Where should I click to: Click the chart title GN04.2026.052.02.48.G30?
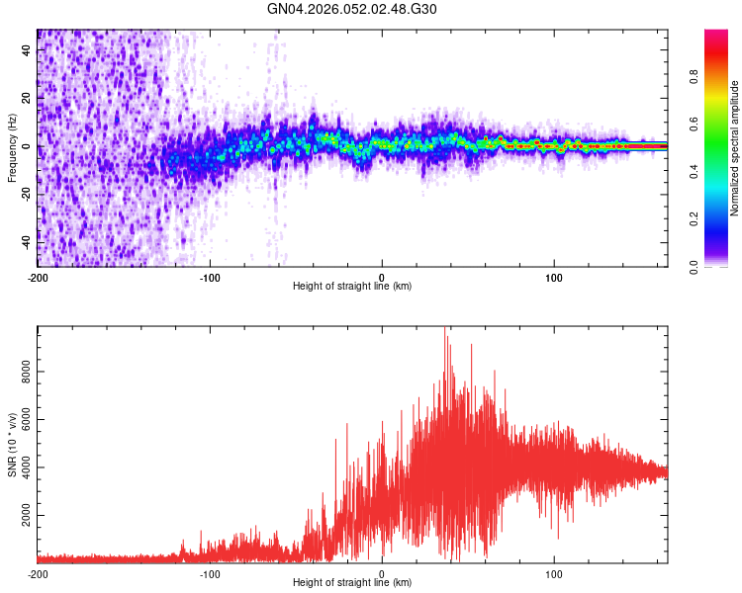coord(352,9)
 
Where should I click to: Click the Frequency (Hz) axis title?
coord(12,148)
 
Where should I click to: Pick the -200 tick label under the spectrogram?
coord(38,277)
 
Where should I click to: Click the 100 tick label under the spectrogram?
coord(555,277)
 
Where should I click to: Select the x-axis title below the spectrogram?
coord(352,287)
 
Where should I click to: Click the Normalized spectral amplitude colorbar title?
coord(735,148)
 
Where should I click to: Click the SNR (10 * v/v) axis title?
coord(12,445)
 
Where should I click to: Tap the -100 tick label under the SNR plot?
coord(210,573)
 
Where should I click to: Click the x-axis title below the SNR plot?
coord(352,583)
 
